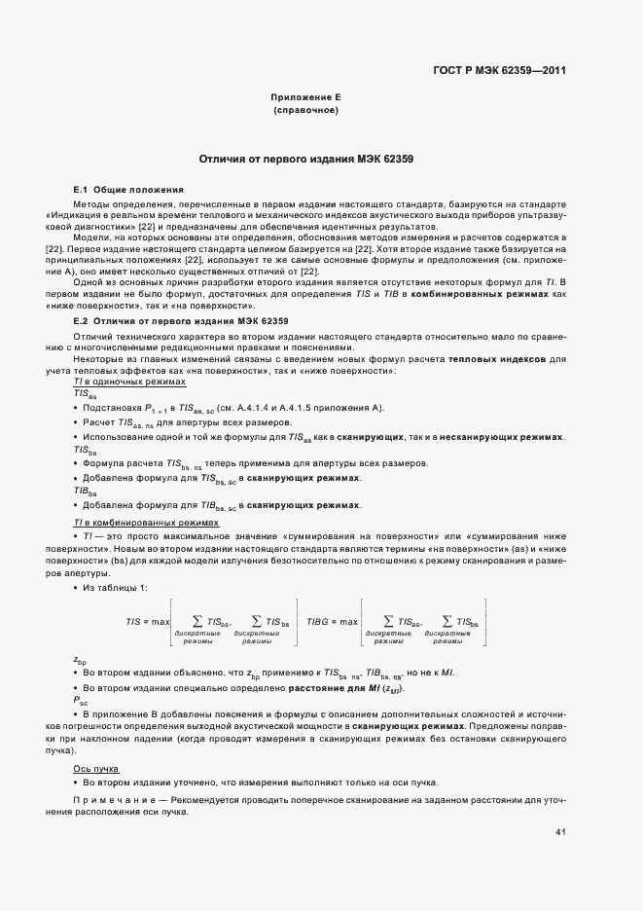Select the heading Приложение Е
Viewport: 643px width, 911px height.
click(305, 98)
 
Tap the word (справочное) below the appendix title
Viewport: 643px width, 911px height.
click(305, 112)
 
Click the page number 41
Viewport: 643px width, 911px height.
click(560, 832)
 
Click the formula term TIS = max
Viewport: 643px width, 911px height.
click(148, 621)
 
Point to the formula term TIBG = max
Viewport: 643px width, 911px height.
click(333, 621)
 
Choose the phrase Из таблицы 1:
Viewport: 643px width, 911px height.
click(116, 588)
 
